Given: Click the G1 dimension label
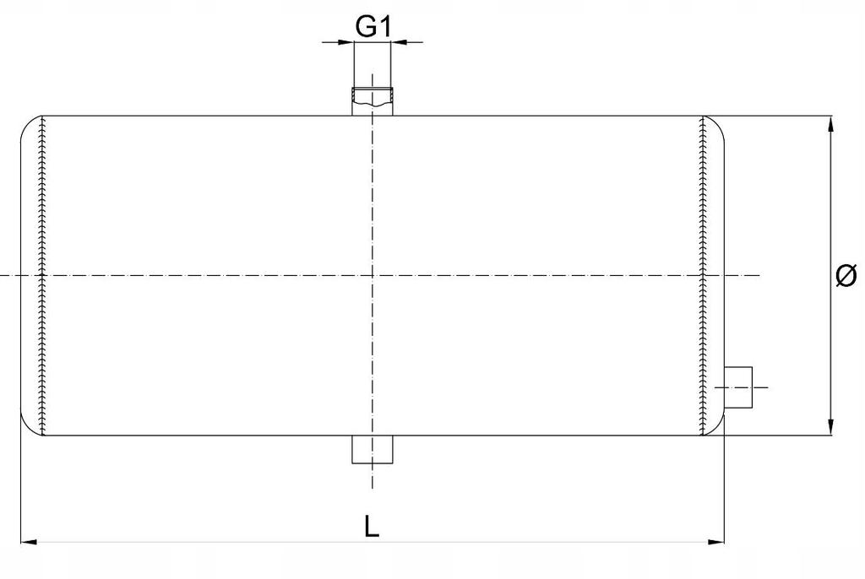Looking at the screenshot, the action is (x=373, y=26).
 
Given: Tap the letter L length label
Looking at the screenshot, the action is (x=372, y=526).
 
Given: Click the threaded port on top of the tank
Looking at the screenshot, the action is (x=373, y=101).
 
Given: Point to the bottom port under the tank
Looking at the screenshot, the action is (x=373, y=449).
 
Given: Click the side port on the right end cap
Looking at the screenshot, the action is (x=738, y=387).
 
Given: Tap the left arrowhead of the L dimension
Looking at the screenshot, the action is (x=29, y=542).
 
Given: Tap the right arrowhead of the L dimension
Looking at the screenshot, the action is (x=716, y=542).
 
